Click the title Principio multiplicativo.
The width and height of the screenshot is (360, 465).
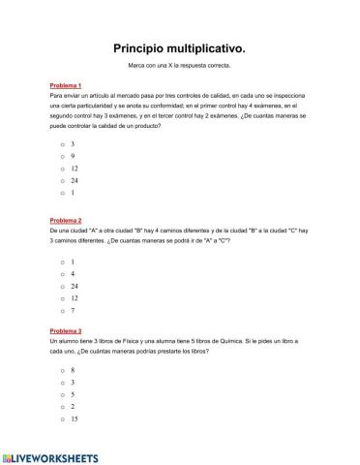point(179,46)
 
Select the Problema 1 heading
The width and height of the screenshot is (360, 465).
point(65,85)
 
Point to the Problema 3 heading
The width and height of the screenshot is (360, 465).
point(65,331)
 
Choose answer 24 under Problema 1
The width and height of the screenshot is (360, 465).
point(62,180)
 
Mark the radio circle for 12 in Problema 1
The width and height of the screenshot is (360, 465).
point(62,168)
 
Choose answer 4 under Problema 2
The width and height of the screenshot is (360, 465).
point(62,274)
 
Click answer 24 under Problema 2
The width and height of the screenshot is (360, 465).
point(62,287)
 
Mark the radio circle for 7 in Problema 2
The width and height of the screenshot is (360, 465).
point(62,311)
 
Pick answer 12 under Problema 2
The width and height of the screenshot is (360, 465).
point(62,298)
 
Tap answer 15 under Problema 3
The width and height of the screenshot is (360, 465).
point(62,419)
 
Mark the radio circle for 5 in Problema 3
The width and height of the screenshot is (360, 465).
point(62,394)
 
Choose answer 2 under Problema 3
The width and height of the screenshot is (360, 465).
point(62,407)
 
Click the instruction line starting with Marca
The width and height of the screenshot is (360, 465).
point(179,66)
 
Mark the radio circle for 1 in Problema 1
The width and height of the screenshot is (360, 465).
point(62,192)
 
